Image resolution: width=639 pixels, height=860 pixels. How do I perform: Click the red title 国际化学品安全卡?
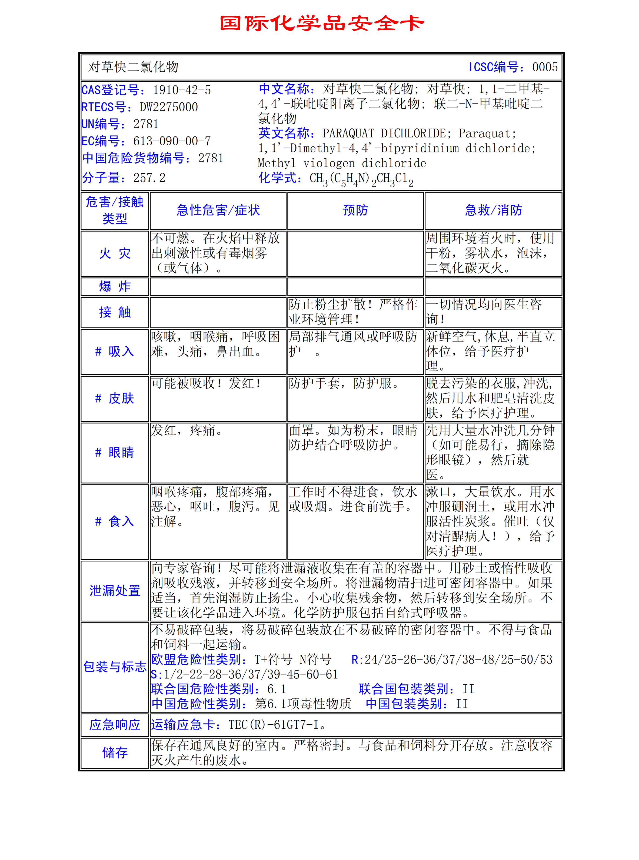[322, 23]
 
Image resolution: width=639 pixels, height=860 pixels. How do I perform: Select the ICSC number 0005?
[545, 67]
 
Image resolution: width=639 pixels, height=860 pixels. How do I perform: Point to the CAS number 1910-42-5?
[182, 90]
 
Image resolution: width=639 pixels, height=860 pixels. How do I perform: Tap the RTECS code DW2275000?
[169, 107]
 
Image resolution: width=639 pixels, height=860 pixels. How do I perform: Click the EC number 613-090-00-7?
[172, 141]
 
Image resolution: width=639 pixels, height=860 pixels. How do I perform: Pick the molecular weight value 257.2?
[149, 178]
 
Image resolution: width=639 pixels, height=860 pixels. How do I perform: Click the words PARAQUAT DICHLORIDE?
[384, 134]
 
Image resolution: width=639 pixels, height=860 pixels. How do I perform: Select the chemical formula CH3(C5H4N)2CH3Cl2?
[361, 179]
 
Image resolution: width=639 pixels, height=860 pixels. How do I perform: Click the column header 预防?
[355, 210]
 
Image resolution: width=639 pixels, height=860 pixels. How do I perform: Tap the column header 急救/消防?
[493, 210]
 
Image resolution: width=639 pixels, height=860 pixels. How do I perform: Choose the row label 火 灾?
[115, 253]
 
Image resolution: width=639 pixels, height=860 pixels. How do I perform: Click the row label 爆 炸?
[115, 286]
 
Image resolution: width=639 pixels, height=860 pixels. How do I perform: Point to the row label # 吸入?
[115, 351]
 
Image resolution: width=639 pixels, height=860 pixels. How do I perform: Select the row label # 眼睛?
[115, 452]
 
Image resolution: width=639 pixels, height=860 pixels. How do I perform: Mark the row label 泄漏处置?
[115, 591]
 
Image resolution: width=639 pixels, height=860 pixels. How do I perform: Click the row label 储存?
[115, 752]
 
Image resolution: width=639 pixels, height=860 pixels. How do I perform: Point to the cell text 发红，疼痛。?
[187, 430]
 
